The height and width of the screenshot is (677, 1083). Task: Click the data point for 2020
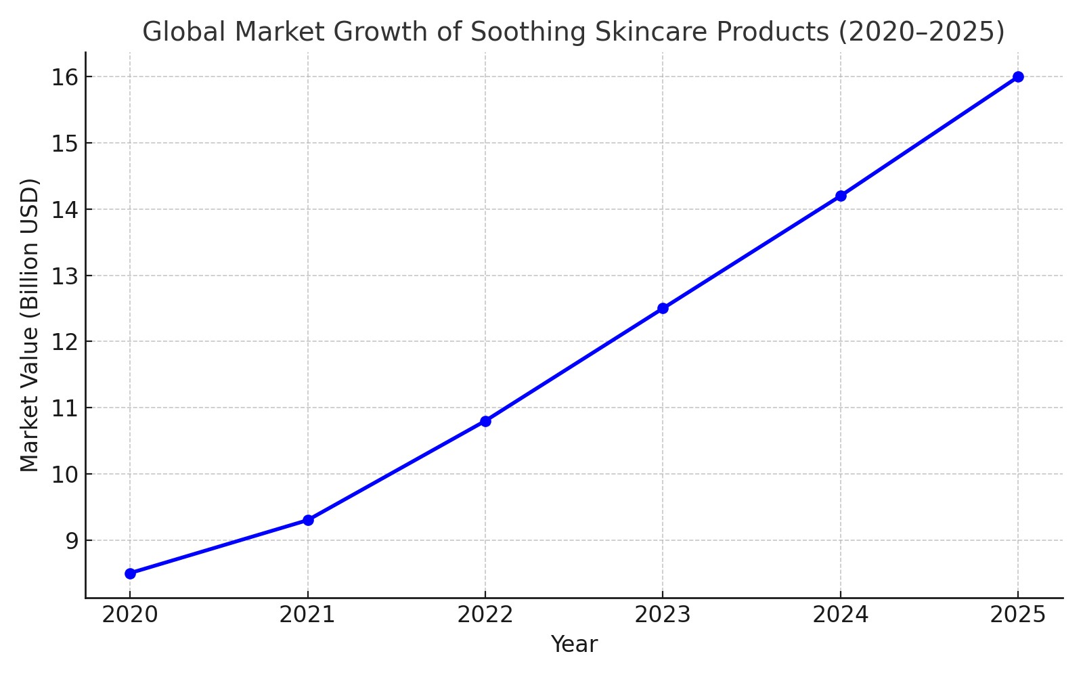(x=130, y=573)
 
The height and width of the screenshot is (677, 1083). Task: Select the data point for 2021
(x=308, y=520)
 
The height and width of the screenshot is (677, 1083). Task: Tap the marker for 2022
(x=485, y=421)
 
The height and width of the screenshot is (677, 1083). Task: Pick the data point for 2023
(x=663, y=308)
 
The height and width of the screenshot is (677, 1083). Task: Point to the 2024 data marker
(x=841, y=196)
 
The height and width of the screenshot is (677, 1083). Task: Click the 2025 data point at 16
(x=1018, y=77)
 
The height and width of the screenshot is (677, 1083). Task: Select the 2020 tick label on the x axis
(x=130, y=615)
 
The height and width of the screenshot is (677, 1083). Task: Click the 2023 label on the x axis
(x=663, y=615)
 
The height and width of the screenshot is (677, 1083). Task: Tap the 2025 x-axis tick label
(x=1018, y=615)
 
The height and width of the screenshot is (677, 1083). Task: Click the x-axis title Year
(x=574, y=645)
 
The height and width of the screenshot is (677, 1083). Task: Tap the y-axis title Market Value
(x=30, y=325)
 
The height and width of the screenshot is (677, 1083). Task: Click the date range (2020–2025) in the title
(x=921, y=32)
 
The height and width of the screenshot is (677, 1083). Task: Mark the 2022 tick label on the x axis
(x=485, y=615)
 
